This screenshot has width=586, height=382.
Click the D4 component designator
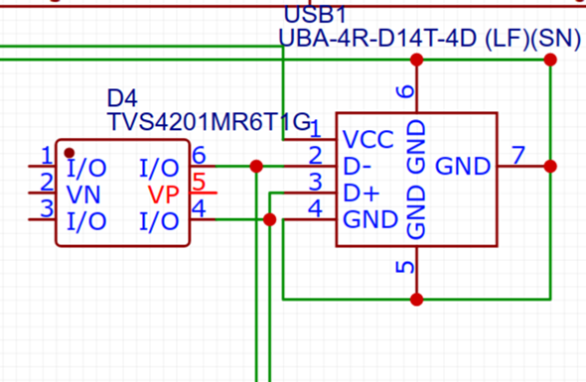point(122,99)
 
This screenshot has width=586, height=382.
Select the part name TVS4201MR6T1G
point(209,121)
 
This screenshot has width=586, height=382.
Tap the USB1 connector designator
point(314,15)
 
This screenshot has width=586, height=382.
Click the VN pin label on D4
point(82,192)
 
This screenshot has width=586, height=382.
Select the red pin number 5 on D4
point(199,183)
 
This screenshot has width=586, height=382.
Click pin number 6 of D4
point(199,156)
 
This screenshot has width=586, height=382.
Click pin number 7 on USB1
point(517,155)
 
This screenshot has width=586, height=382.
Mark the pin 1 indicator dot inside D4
point(70,154)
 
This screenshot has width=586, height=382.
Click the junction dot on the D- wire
point(257,166)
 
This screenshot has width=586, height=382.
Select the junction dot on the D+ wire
point(270,219)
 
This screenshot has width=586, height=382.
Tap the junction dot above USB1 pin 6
point(417,61)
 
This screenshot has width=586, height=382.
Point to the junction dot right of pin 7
point(550,166)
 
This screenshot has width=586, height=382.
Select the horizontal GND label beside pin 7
point(463,164)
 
